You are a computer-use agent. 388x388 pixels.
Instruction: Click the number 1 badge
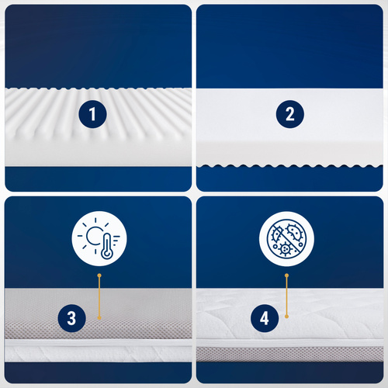[93, 116]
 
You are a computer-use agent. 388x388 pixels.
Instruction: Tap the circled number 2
[289, 115]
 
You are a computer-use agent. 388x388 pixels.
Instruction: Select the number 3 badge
[71, 317]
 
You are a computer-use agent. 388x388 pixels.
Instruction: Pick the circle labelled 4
[265, 317]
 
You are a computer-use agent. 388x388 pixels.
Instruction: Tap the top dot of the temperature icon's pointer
[99, 275]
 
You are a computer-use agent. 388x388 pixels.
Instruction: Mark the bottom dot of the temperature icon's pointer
[99, 317]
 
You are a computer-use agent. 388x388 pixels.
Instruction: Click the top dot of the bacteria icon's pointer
[287, 275]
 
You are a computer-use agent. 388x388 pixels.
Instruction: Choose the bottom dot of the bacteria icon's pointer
[287, 317]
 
